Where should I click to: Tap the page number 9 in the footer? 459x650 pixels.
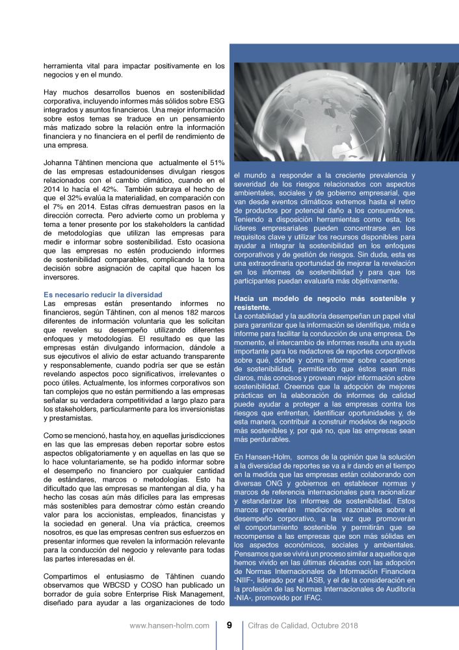[229, 626]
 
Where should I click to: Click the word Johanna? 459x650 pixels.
[58, 161]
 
